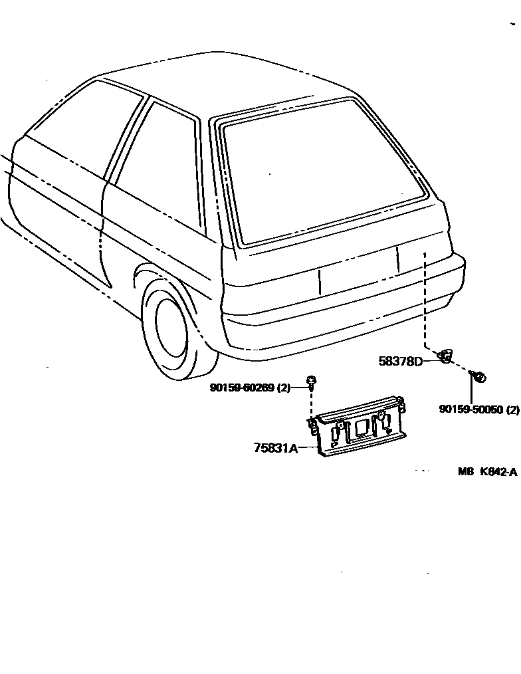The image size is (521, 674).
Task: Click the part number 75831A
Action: [x=275, y=447]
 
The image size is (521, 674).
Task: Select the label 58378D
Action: [x=401, y=361]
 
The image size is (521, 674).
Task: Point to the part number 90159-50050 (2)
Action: [x=478, y=410]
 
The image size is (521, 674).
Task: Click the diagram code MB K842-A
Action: [x=486, y=472]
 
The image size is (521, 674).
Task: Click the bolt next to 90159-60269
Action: [x=311, y=381]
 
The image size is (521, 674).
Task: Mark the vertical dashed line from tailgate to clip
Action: [x=425, y=299]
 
